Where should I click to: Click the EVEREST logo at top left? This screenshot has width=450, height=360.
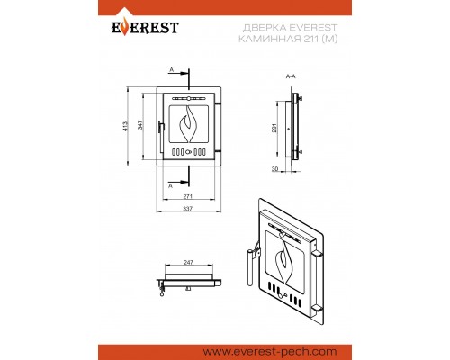[145, 24]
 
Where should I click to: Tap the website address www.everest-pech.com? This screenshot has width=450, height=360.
[270, 352]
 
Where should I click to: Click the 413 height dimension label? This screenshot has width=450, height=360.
[125, 126]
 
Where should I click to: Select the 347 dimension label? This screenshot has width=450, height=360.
[140, 125]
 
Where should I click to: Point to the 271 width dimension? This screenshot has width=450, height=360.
[187, 196]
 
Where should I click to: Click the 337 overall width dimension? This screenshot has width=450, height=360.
[187, 209]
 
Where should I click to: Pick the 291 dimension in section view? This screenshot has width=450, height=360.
[274, 128]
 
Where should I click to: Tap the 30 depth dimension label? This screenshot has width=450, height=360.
[274, 169]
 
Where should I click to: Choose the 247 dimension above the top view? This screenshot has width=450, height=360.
[188, 262]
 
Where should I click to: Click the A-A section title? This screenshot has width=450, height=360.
[291, 76]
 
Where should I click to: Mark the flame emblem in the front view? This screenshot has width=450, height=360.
[188, 123]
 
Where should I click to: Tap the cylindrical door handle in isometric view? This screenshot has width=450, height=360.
[250, 267]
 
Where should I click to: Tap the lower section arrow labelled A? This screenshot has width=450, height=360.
[181, 182]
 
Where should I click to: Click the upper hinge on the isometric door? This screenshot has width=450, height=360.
[317, 254]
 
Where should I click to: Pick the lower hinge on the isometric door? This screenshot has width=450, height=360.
[317, 307]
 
